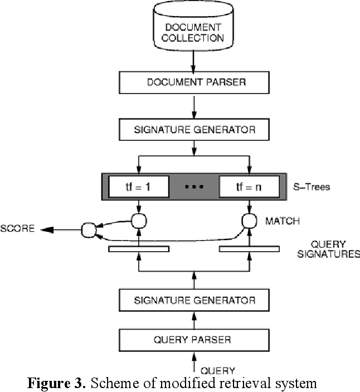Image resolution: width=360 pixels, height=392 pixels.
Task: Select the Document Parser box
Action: (193, 82)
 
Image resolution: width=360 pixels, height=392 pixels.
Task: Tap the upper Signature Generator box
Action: (193, 130)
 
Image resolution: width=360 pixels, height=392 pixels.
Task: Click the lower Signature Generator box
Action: (193, 301)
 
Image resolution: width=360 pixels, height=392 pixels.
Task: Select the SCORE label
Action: (18, 229)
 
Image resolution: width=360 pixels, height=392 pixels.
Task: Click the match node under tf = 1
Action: (138, 220)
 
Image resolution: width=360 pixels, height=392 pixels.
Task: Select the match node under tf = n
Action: (248, 220)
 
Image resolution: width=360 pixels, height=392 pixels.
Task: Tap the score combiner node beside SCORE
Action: (89, 229)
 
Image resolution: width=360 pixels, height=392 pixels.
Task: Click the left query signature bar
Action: (138, 248)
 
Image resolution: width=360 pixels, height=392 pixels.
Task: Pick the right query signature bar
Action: (248, 248)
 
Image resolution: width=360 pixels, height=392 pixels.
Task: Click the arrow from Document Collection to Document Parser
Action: (193, 60)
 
